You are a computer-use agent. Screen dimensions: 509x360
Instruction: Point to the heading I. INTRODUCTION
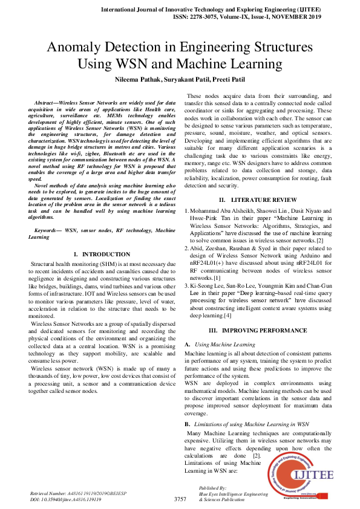(101, 254)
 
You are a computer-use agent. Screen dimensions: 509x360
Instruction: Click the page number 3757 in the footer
(180, 499)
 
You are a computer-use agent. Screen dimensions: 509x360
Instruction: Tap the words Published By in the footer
(212, 488)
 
